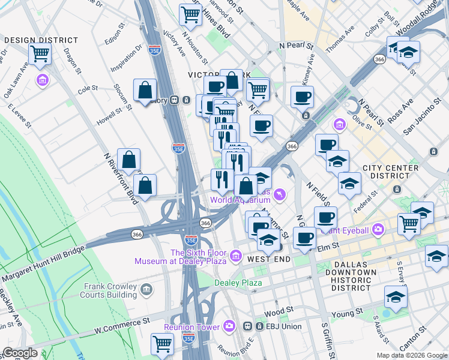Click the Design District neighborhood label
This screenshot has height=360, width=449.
41,40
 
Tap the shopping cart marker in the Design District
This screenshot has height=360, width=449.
40,54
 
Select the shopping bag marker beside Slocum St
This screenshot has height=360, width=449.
145,91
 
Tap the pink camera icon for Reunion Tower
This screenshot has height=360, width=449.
229,326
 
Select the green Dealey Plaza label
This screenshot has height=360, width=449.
239,283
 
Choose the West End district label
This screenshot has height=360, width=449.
269,259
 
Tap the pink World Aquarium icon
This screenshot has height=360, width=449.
279,195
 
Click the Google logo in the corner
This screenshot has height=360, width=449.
20,353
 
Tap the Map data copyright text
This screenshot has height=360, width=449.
411,355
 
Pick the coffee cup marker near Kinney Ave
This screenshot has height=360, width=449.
302,97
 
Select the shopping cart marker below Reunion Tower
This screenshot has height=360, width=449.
163,344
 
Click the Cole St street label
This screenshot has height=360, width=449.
88,88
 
